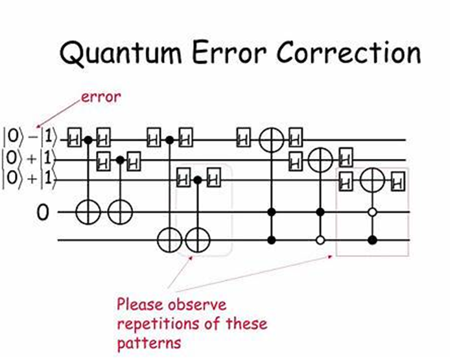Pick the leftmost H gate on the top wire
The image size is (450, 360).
click(74, 139)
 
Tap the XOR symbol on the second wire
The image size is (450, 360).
click(320, 159)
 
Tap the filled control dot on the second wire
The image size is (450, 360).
click(119, 159)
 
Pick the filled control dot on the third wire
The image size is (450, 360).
click(198, 179)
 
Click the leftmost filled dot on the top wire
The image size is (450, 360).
click(89, 139)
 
